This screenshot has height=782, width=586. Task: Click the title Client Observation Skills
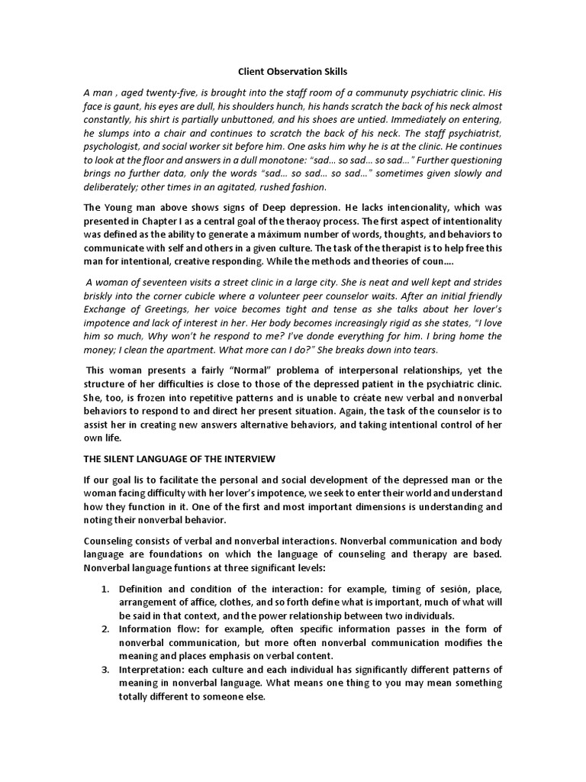point(292,72)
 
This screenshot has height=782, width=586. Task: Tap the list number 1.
point(105,589)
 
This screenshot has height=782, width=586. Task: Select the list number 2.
point(105,629)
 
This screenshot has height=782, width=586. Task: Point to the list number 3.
point(105,669)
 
